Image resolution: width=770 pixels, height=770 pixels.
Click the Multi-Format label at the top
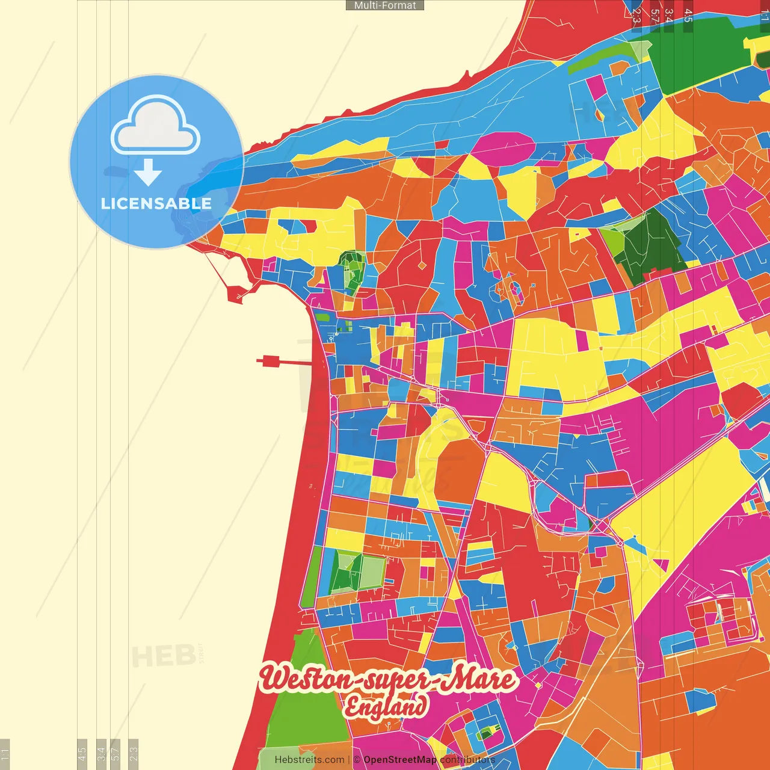385,5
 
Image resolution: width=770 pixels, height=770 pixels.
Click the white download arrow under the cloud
148,172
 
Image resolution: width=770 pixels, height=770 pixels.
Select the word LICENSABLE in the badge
156,203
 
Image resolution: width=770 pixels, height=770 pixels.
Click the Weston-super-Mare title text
388,679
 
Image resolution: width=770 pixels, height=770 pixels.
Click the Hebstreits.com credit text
309,760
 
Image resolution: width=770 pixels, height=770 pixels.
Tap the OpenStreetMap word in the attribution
399,760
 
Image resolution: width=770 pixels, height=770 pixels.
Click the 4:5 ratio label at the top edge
688,16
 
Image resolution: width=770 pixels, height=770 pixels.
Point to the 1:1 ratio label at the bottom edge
5,753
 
